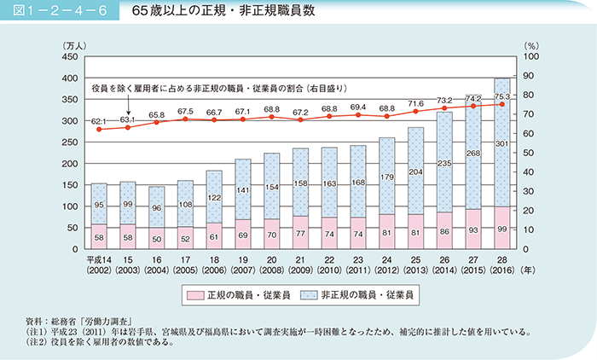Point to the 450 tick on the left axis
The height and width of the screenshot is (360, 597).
coord(67,56)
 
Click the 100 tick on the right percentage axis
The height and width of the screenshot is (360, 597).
coord(531,56)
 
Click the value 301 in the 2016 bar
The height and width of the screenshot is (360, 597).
coord(502,143)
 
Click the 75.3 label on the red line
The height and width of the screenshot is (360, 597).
coord(502,96)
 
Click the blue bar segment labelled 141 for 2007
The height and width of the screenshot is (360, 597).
coord(243,190)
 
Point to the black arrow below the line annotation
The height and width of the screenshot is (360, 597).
coord(128,107)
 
